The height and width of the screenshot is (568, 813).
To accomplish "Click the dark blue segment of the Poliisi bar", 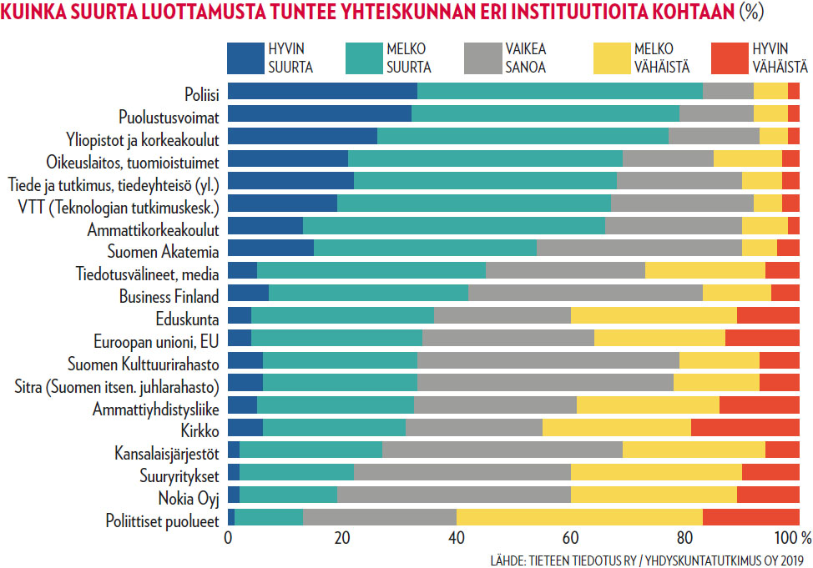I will coord(322,92).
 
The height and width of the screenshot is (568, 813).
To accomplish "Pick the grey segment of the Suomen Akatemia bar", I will coord(639,248).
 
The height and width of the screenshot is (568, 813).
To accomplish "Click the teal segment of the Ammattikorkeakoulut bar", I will coord(453,225).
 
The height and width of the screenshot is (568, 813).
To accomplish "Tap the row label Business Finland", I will coord(169,295).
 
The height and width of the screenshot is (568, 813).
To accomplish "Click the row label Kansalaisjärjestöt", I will coord(167,453).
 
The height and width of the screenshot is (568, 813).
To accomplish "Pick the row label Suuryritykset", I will coord(179,475).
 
